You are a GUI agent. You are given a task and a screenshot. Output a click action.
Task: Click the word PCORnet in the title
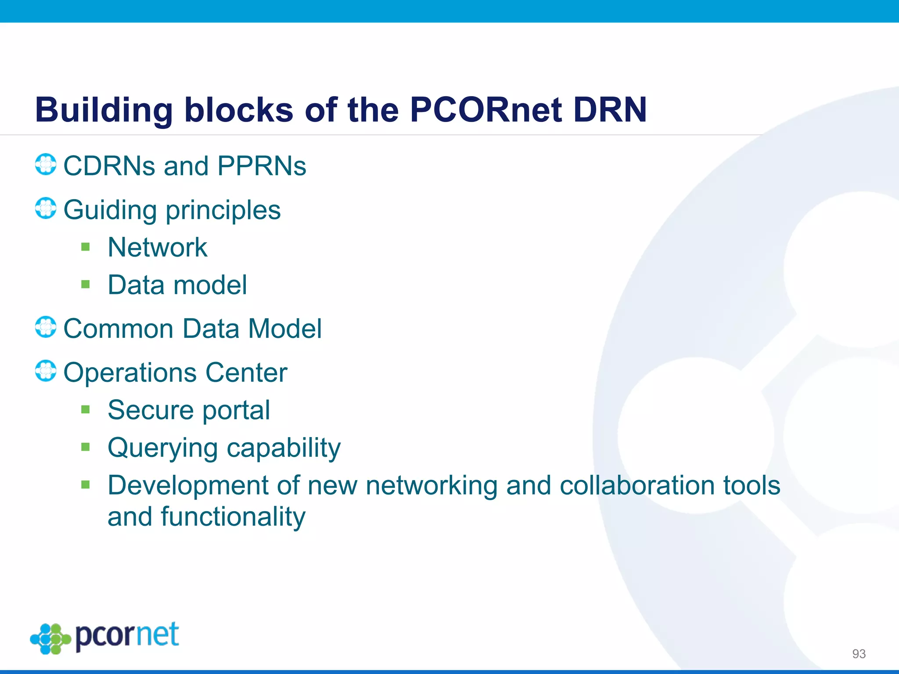pyautogui.click(x=485, y=110)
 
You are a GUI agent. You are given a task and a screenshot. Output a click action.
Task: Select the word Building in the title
pyautogui.click(x=104, y=111)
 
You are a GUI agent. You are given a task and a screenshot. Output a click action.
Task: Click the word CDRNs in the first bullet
pyautogui.click(x=109, y=166)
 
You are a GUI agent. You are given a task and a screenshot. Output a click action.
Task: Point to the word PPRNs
pyautogui.click(x=262, y=166)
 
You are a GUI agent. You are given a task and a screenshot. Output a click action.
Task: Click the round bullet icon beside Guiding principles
pyautogui.click(x=46, y=208)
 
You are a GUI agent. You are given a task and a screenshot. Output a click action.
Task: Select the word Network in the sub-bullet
pyautogui.click(x=157, y=247)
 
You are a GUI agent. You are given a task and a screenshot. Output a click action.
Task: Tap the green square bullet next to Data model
pyautogui.click(x=86, y=285)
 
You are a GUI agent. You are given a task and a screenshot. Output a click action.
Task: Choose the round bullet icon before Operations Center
pyautogui.click(x=46, y=371)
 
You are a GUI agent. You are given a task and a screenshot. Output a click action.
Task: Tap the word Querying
pyautogui.click(x=162, y=448)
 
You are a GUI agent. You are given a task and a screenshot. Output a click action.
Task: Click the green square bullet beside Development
pyautogui.click(x=86, y=485)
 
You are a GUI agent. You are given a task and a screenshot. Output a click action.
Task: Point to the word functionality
pyautogui.click(x=233, y=516)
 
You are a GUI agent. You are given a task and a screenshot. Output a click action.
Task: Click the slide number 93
pyautogui.click(x=859, y=654)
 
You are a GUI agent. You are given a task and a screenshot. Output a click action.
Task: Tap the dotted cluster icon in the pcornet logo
pyautogui.click(x=50, y=639)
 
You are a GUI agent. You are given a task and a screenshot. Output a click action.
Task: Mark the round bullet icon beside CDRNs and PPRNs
pyautogui.click(x=46, y=165)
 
